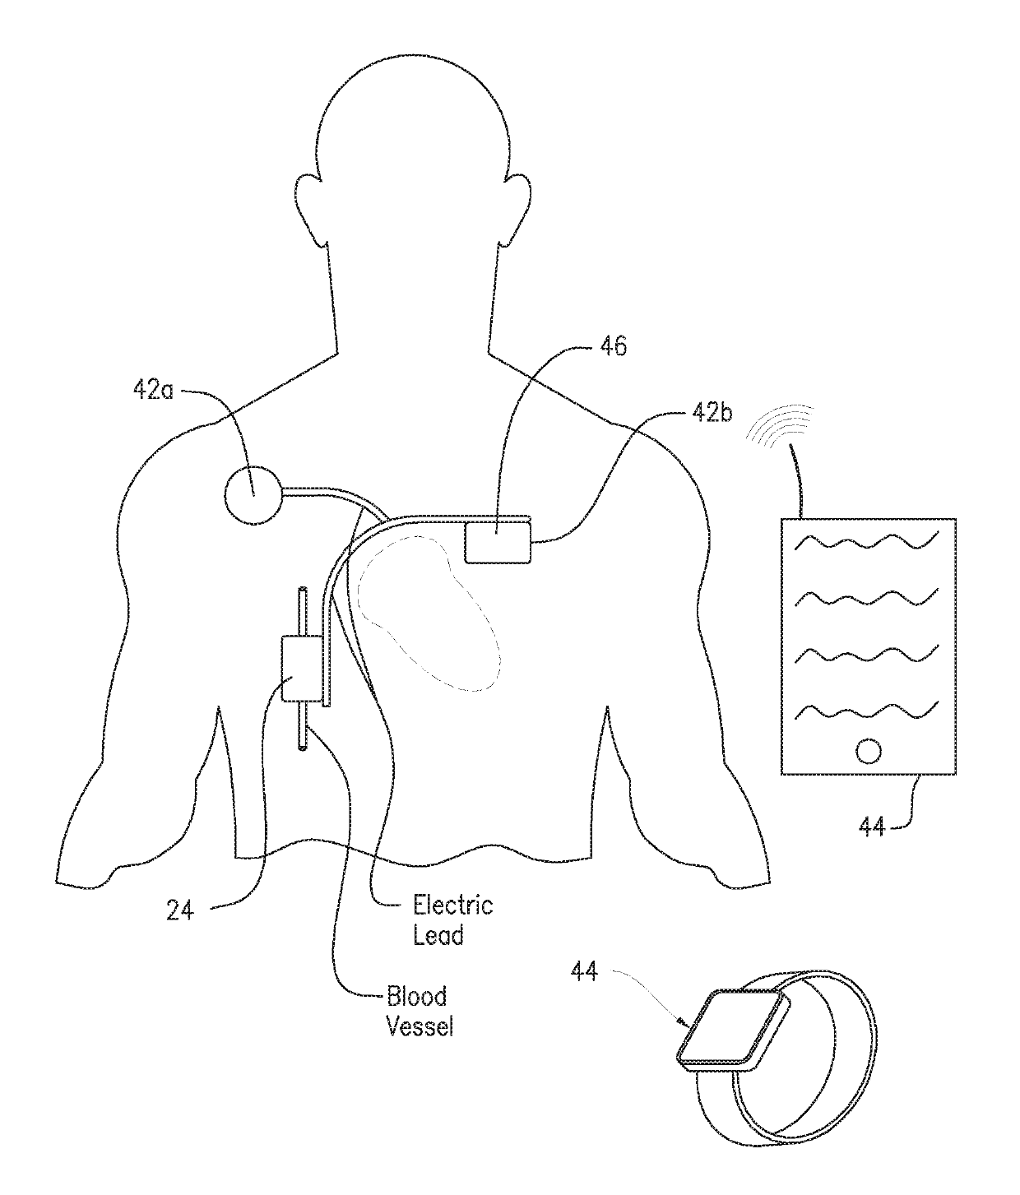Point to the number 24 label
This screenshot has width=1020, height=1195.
pos(180,910)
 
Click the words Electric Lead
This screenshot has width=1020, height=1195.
pos(452,920)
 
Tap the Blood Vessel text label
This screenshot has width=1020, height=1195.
pos(419,1011)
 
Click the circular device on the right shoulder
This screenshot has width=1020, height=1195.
pos(253,493)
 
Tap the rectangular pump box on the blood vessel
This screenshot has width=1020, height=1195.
pos(302,667)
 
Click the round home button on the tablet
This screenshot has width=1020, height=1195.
pos(868,750)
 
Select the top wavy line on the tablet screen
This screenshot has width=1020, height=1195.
pos(868,542)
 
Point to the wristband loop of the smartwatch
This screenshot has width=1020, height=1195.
pos(823,1094)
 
